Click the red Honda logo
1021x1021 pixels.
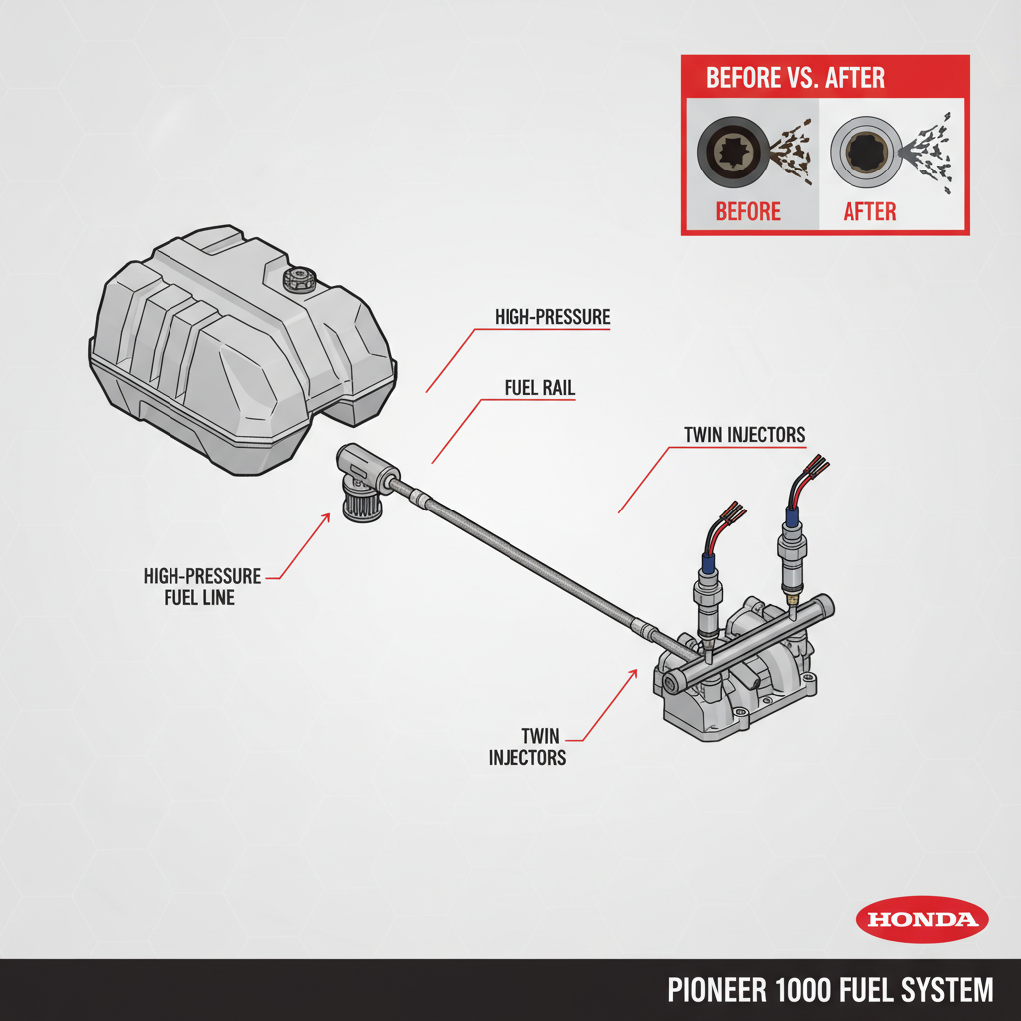pos(922,919)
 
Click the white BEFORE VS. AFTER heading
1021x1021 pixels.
pos(795,78)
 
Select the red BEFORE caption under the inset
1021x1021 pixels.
pos(748,211)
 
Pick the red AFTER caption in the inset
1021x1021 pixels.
pos(869,211)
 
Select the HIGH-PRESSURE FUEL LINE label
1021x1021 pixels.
pos(202,587)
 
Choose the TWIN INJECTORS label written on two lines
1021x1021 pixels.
pos(527,746)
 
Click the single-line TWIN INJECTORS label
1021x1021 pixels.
pos(744,435)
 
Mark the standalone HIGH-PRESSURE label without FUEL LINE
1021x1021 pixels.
pos(552,318)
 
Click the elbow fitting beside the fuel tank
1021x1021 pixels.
pos(365,478)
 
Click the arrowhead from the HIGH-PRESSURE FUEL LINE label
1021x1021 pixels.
pos(328,514)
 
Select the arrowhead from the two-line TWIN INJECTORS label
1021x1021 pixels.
pos(634,671)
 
